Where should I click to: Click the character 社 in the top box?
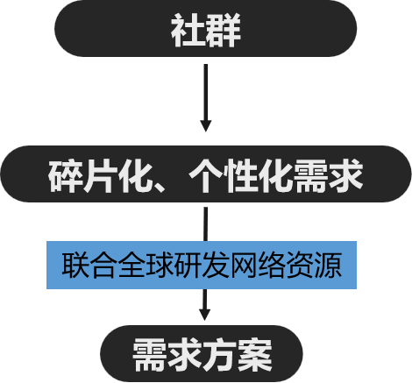pos(188,30)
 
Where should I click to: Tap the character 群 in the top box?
pos(224,30)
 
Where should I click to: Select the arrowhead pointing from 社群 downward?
pos(206,126)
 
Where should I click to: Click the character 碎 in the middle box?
pos(65,176)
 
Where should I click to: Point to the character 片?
pos(100,176)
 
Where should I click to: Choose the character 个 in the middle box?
pos(206,176)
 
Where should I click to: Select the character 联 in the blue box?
pos(75,265)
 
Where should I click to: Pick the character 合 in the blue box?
pos(103,265)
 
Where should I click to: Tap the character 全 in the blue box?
pos(131,265)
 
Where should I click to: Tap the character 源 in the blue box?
pos(328,265)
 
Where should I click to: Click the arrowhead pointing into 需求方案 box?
pos(205,315)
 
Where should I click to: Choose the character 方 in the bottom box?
pos(220,355)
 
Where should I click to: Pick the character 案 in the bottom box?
pos(255,355)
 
